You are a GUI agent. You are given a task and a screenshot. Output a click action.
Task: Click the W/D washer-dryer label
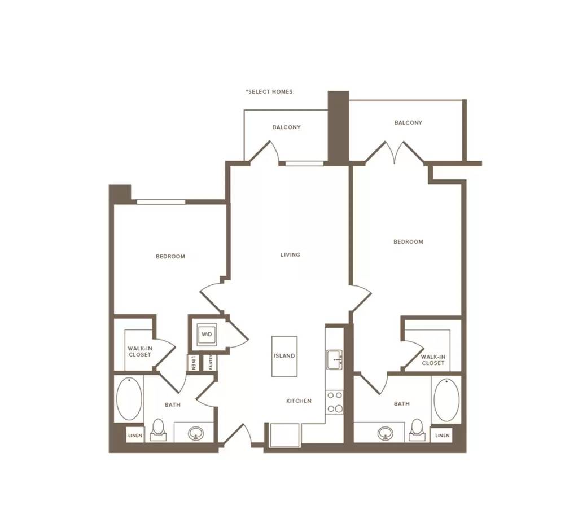(207, 335)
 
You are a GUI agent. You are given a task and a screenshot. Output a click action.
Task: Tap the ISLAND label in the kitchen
(284, 356)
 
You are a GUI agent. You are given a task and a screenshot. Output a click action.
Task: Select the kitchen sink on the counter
(335, 359)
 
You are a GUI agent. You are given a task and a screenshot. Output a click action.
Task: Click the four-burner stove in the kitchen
(335, 402)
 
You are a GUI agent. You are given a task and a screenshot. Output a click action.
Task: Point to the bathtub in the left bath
(129, 399)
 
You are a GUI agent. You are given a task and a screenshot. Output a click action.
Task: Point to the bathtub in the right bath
(446, 400)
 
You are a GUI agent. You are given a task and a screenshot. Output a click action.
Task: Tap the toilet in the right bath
(417, 430)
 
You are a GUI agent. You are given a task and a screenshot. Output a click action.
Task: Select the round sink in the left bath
(196, 433)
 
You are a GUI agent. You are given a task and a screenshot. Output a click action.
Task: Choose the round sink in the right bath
(386, 433)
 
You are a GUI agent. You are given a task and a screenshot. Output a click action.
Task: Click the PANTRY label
(211, 362)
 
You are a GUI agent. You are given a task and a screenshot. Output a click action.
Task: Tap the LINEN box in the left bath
(135, 436)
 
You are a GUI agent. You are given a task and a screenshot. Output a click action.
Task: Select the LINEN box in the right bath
(442, 436)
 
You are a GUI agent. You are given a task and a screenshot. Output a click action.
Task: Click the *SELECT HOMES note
(270, 92)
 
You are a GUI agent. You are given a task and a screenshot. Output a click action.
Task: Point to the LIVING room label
(291, 255)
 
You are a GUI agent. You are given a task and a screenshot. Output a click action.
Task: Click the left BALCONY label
(287, 127)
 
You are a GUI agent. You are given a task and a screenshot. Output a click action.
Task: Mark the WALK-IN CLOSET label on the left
(139, 351)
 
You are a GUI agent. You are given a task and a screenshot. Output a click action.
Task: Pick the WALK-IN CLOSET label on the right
(433, 360)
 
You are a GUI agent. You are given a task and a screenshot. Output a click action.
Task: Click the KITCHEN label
(299, 401)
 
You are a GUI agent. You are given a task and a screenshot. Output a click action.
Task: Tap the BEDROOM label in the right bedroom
(408, 241)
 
